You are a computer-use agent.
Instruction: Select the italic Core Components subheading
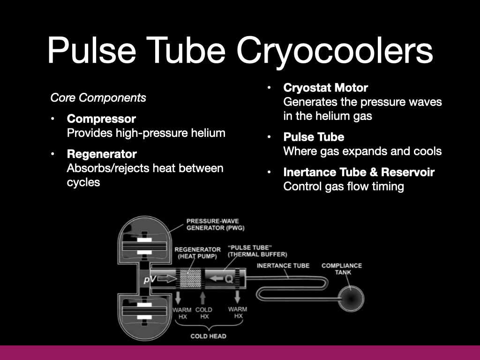point(98,98)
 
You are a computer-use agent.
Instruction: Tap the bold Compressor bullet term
point(101,119)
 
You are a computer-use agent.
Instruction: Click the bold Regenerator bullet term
point(102,154)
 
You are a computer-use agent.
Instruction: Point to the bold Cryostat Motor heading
point(325,88)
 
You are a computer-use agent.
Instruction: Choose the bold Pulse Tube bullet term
point(314,137)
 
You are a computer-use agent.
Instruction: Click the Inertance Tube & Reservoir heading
point(359,172)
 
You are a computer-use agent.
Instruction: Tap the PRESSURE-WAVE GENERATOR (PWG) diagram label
point(215,225)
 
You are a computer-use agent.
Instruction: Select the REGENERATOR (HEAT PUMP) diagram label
point(197,252)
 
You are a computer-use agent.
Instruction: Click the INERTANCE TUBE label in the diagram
point(283,266)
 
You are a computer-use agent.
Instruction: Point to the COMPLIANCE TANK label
point(341,269)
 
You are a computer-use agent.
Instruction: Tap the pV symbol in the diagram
point(150,280)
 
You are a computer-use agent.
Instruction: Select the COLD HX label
point(203,313)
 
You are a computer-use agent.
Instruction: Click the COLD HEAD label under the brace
point(208,336)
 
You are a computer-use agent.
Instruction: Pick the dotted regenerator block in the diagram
point(190,280)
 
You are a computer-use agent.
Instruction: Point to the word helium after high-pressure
point(207,133)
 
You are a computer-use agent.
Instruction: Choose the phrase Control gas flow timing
point(344,187)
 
